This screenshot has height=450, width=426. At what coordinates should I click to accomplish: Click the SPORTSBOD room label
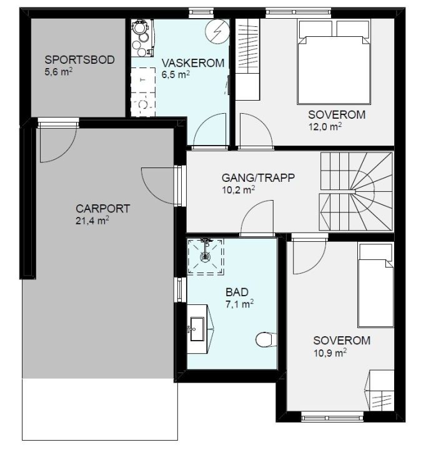click(x=79, y=60)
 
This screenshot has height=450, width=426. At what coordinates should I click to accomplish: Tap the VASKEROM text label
click(x=193, y=63)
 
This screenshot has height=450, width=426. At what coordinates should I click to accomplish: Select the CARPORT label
click(x=102, y=209)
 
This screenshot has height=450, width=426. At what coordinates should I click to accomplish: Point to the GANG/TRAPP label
click(x=258, y=177)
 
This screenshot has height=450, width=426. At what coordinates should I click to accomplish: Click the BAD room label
click(x=237, y=292)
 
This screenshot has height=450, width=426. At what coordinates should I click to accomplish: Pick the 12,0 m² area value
click(x=325, y=126)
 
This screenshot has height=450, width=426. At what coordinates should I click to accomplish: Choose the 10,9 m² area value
click(x=330, y=352)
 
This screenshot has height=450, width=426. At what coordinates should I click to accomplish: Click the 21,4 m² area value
click(x=92, y=221)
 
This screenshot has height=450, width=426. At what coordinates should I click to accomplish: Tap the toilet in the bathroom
click(x=266, y=340)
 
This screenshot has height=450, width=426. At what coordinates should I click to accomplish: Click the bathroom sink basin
click(x=197, y=329)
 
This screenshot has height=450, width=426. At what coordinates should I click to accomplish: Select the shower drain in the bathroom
click(x=206, y=256)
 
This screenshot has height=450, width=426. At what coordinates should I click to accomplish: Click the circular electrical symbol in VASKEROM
click(x=217, y=31)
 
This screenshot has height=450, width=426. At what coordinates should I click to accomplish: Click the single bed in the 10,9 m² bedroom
click(x=375, y=285)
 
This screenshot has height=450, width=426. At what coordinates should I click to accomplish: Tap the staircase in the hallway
click(x=356, y=191)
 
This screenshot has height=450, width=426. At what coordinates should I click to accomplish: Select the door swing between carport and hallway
click(x=159, y=186)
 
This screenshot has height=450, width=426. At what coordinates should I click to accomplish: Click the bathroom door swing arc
click(x=257, y=217)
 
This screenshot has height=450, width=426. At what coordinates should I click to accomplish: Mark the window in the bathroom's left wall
click(x=180, y=289)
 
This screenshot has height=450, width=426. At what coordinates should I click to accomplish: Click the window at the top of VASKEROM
click(x=201, y=12)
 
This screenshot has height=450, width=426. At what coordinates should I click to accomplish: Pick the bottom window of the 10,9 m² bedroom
click(x=332, y=417)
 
